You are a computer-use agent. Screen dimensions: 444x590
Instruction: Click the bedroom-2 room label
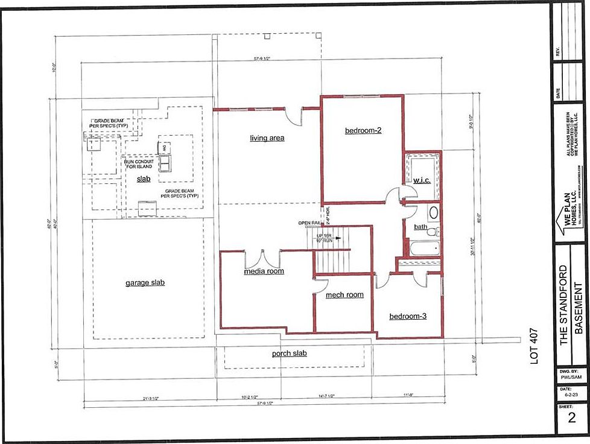[363, 130]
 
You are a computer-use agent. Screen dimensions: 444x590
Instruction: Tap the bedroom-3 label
[408, 316]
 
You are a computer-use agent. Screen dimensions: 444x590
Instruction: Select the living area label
[267, 138]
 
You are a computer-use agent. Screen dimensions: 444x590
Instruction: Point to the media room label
[264, 271]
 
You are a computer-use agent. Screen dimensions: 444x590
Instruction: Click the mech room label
[344, 295]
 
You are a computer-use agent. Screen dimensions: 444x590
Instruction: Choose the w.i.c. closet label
[421, 180]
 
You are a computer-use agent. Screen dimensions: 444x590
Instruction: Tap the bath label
[421, 227]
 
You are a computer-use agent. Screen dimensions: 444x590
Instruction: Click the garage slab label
[145, 282]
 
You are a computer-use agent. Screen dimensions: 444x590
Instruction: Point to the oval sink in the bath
[433, 212]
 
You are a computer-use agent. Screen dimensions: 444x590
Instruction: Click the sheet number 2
[571, 417]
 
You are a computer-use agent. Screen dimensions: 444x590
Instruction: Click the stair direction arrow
[337, 238]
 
